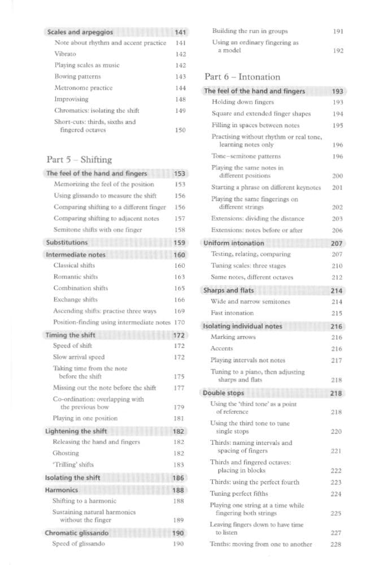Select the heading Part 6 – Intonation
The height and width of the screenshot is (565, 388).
tap(242, 76)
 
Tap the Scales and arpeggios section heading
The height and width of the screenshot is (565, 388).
tap(80, 32)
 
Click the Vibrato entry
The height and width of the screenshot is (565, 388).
tap(65, 54)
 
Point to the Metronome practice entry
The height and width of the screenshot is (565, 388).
tap(83, 88)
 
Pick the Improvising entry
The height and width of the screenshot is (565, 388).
tap(71, 99)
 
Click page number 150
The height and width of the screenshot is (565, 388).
tap(180, 130)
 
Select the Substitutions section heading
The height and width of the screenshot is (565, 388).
tap(67, 242)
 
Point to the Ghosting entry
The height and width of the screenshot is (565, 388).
tap(65, 453)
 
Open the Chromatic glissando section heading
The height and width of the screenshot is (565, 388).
tap(77, 532)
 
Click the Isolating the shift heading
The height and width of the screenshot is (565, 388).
tap(72, 477)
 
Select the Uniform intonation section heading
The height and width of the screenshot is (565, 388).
tap(234, 243)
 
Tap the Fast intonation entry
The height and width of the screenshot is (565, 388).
tap(232, 312)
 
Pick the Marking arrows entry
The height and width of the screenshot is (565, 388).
tap(233, 337)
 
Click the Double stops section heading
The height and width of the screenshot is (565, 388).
tap(225, 393)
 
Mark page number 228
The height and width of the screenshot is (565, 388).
tap(335, 544)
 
